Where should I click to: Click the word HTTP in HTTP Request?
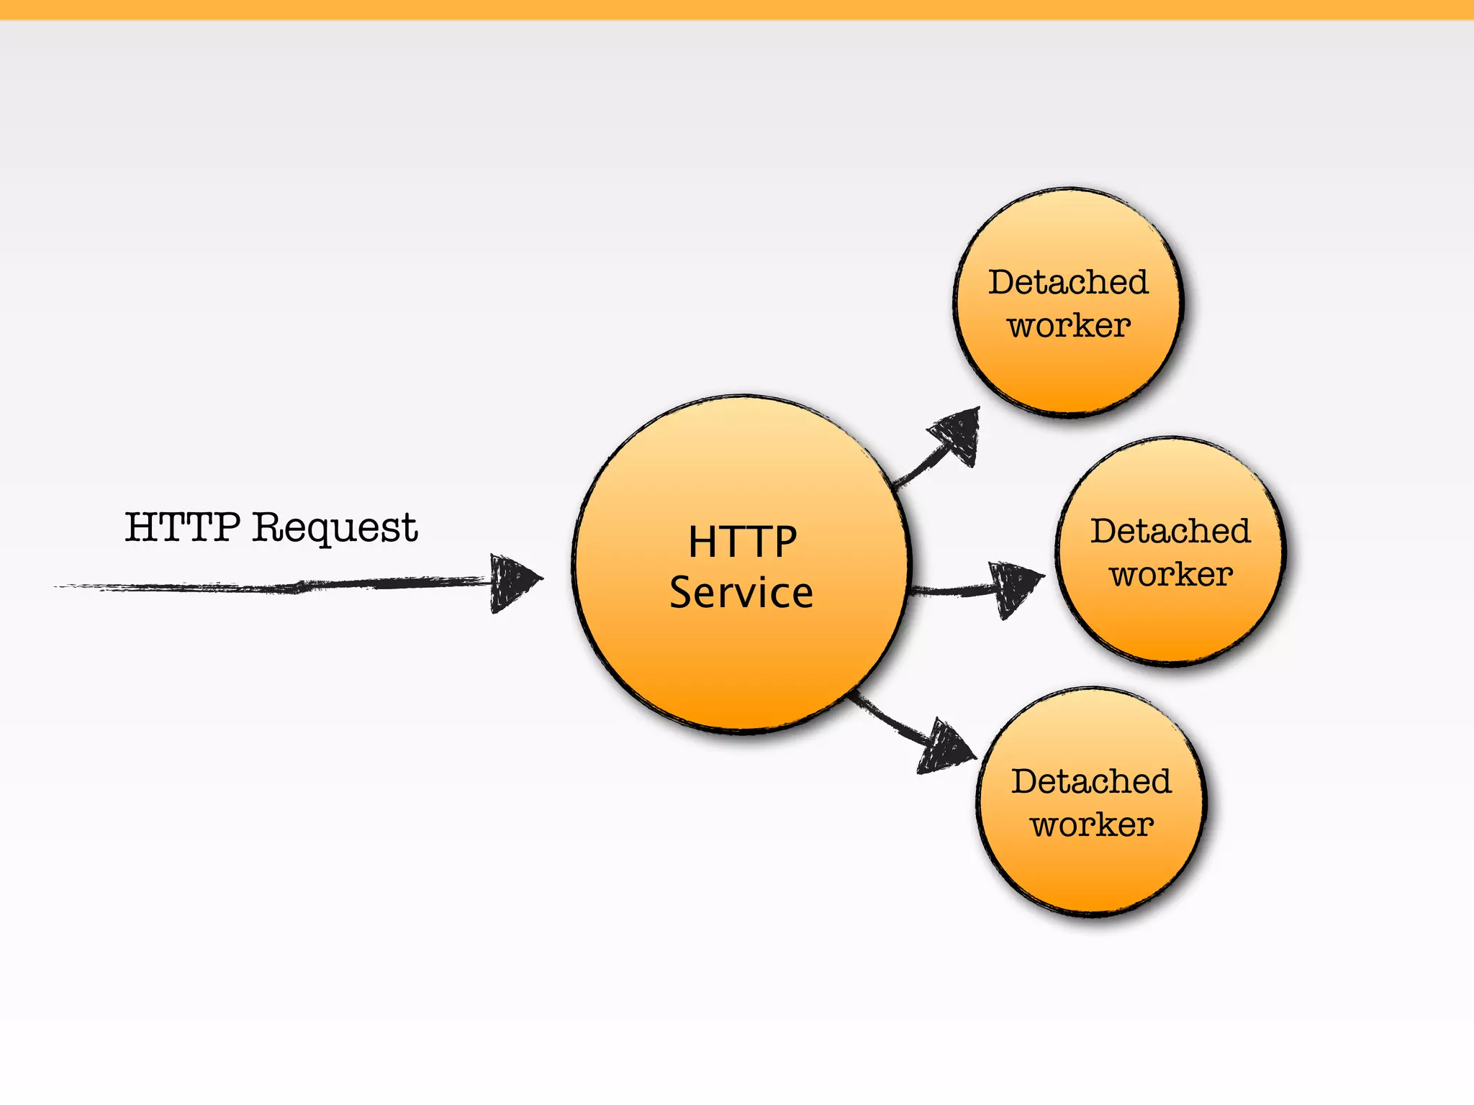pos(182,527)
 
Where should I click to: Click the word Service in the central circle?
pos(741,593)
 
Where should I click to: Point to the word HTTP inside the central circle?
pos(742,542)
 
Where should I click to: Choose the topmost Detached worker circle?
pos(1068,374)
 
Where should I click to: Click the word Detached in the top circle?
pos(1068,282)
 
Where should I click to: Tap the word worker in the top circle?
pos(1069,326)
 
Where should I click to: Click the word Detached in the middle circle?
pos(1171,532)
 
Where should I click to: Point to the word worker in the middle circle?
pos(1171,575)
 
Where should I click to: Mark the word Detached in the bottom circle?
pos(1091,781)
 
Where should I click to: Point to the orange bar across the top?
pos(737,9)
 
